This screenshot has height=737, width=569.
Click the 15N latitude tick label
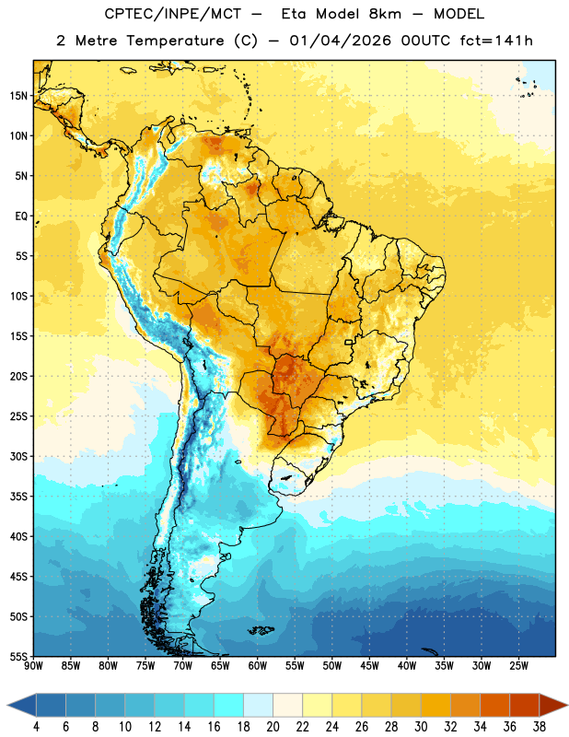(x=18, y=96)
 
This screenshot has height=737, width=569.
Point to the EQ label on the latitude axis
(x=21, y=216)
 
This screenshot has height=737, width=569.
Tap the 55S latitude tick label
(x=18, y=656)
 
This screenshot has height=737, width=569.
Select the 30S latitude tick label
(x=18, y=456)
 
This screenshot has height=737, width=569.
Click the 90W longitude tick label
(x=33, y=666)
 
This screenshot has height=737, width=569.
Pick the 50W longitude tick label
(x=332, y=666)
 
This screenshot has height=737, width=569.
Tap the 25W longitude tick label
(x=518, y=666)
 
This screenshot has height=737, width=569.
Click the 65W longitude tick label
(x=220, y=666)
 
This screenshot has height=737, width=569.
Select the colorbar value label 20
(x=273, y=727)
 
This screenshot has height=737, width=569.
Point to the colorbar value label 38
(x=540, y=727)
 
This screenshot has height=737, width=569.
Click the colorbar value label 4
(x=36, y=727)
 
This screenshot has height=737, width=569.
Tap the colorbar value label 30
(x=421, y=727)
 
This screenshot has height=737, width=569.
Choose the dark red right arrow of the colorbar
(x=552, y=705)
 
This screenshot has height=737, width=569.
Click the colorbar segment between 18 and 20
(x=258, y=705)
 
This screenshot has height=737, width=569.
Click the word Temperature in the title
(x=175, y=41)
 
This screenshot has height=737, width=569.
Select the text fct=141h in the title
(x=496, y=41)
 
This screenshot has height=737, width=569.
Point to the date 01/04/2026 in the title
(x=340, y=41)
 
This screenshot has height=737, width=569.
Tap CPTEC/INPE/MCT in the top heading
(x=173, y=14)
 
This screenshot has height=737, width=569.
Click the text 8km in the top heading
(x=385, y=14)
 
